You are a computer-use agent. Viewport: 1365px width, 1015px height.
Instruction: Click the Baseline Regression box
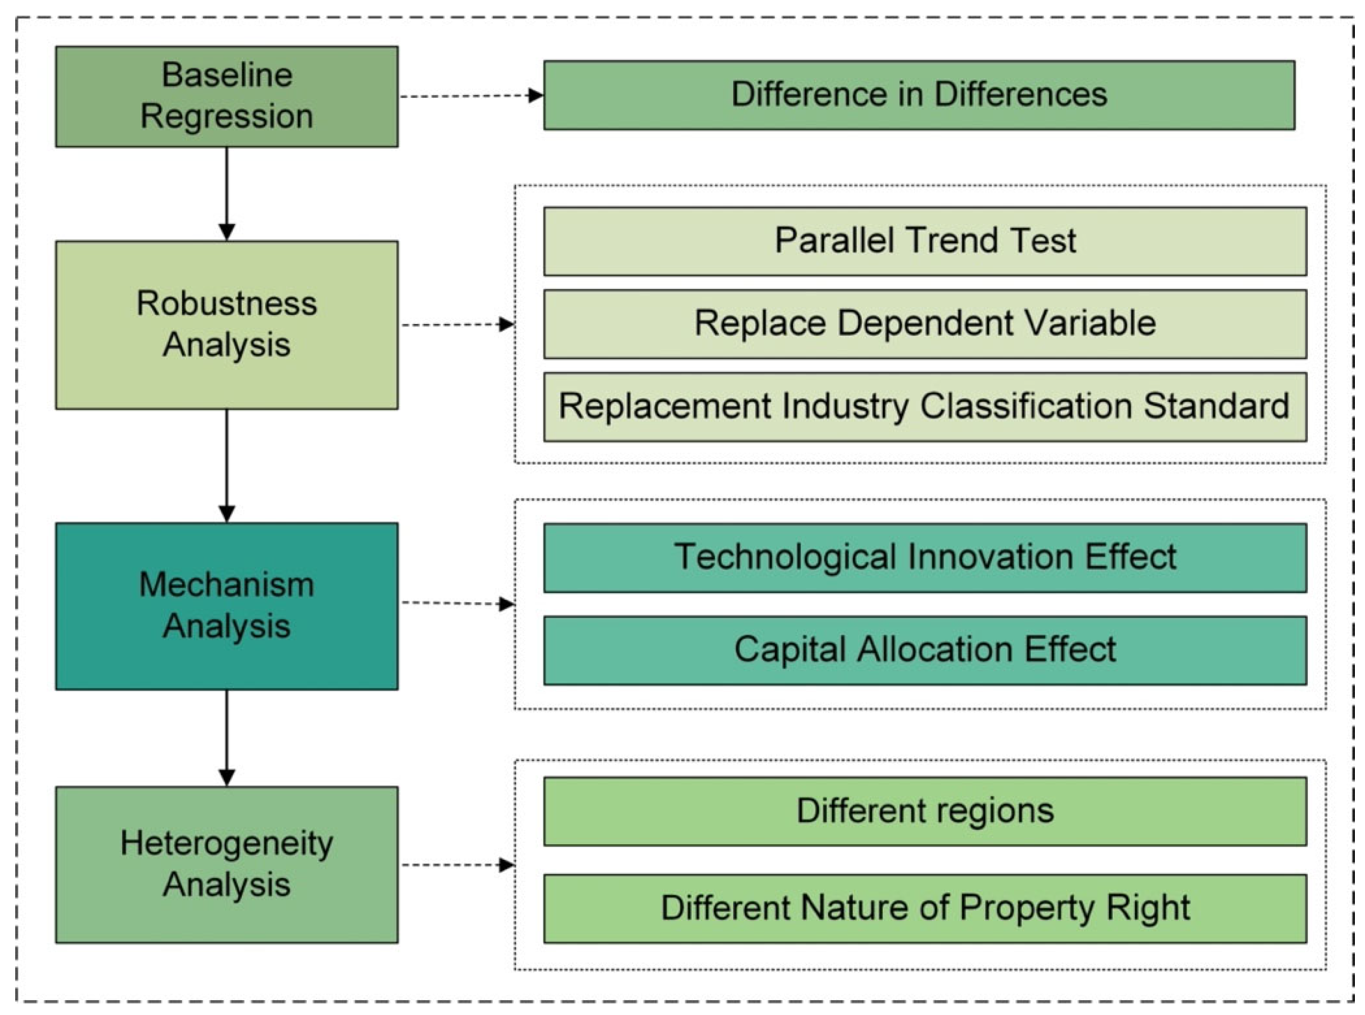(226, 96)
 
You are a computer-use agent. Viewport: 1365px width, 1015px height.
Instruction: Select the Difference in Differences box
(918, 95)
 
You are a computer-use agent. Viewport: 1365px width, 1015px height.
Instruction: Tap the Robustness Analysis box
(226, 324)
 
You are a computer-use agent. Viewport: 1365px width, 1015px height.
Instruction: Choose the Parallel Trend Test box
(924, 241)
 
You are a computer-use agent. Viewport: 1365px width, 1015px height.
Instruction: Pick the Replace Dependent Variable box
(924, 324)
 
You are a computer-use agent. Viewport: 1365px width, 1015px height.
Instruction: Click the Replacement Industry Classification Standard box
(924, 407)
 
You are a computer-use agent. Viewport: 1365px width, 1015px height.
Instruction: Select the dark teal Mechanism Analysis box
(226, 606)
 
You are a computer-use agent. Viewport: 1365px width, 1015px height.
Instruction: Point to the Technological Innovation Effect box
(924, 558)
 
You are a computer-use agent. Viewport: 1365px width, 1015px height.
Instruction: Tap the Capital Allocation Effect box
(924, 650)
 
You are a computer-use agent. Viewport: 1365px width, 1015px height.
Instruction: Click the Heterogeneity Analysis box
(226, 864)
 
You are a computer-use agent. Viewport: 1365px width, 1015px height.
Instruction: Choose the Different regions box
(924, 811)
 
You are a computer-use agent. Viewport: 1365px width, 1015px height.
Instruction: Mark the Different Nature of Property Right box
(924, 908)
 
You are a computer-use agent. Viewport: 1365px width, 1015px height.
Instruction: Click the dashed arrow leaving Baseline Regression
(470, 96)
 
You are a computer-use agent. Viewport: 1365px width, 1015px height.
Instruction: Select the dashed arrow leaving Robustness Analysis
(458, 324)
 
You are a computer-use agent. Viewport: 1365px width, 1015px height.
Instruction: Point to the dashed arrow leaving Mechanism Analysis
(458, 603)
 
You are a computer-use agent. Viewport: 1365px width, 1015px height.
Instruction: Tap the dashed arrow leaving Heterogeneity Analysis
(458, 865)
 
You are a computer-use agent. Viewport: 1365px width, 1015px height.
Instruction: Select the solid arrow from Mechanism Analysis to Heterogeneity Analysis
(227, 737)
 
